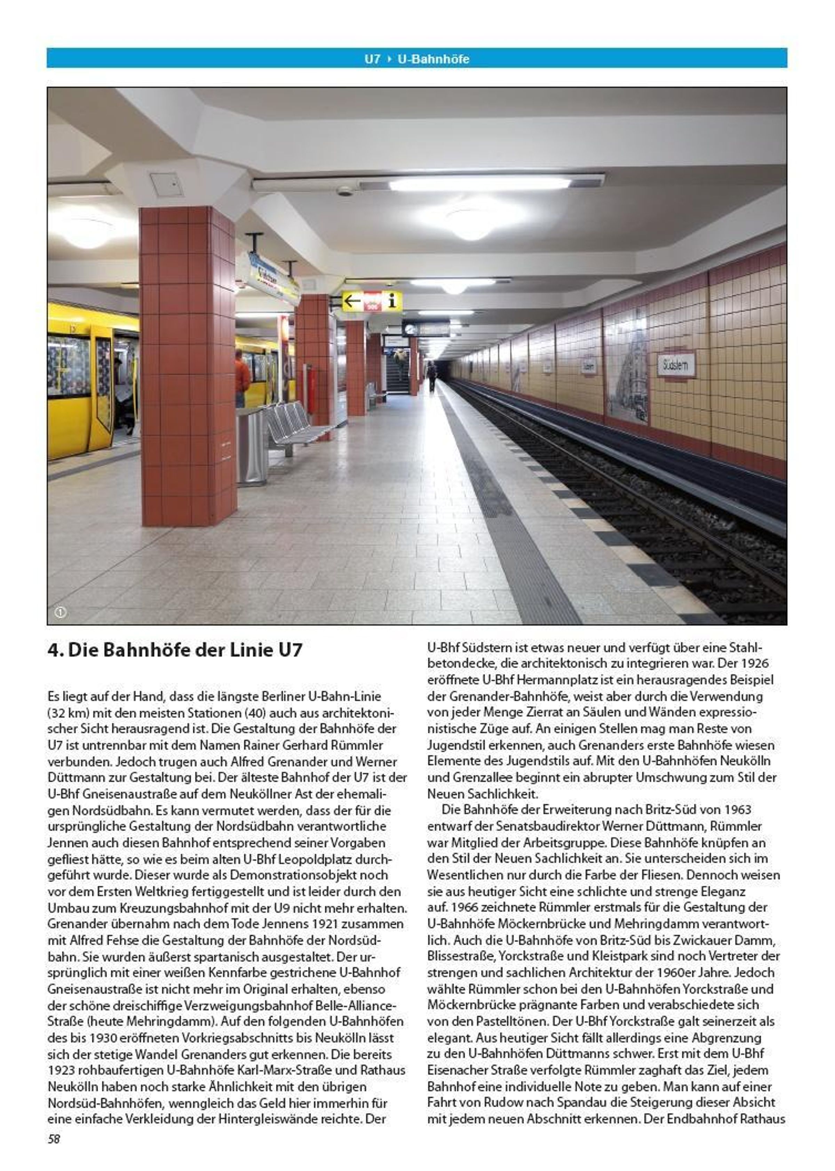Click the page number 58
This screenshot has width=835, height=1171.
[x=54, y=1139]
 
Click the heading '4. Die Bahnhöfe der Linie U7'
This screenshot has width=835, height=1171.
[x=175, y=650]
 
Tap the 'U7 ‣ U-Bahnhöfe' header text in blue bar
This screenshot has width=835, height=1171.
[x=417, y=58]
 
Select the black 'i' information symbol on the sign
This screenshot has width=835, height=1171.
[x=392, y=300]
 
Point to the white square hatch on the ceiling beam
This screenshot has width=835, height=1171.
[x=167, y=184]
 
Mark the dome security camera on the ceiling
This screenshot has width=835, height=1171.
[x=344, y=191]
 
